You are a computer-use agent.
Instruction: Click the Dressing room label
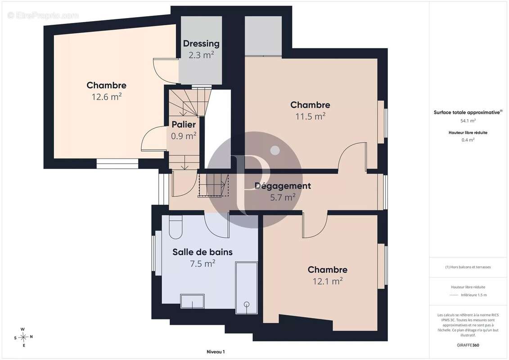pos(201,44)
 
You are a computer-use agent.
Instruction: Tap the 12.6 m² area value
pos(107,96)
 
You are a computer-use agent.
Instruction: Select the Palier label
pos(184,124)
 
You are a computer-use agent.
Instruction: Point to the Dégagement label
pos(283,186)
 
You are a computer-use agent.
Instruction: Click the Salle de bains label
pos(203,252)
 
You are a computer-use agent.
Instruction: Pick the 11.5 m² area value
pos(311,116)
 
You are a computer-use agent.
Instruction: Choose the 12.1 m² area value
pos(328,281)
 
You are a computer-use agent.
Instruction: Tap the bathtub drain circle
pos(247,304)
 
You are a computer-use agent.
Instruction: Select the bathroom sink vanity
pos(193,301)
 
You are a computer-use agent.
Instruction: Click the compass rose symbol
pos(23,337)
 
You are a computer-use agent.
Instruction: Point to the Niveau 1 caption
pos(216,351)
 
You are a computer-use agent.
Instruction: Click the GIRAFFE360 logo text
pos(468,345)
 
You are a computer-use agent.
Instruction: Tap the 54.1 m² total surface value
pos(468,121)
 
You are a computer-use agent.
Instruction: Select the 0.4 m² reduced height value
pos(468,140)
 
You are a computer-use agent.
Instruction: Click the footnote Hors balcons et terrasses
pos(468,267)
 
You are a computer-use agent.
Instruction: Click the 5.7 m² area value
pos(283,197)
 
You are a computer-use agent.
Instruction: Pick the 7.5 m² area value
pos(203,263)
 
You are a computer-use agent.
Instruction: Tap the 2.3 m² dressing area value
pos(201,55)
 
